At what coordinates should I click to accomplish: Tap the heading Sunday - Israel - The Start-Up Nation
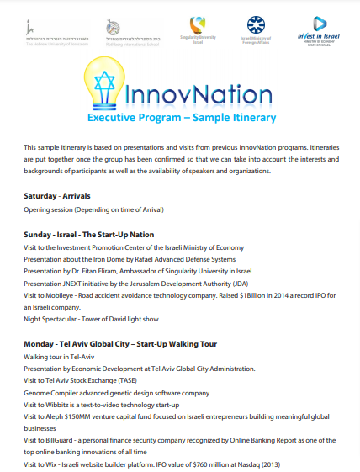(88, 234)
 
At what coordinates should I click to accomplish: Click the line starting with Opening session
(93, 209)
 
